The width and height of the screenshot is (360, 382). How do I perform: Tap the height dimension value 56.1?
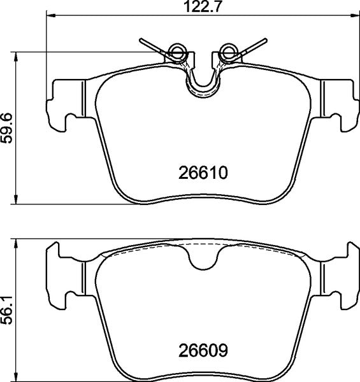7,309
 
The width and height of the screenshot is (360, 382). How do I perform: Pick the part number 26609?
201,350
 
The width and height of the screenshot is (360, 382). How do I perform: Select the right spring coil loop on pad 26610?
227,51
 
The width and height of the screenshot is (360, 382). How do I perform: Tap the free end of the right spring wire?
263,41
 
